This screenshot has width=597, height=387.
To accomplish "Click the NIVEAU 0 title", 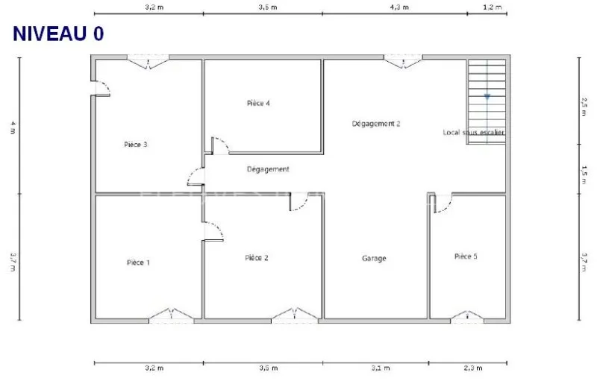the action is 58,34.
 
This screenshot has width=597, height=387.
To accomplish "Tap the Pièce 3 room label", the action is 136,145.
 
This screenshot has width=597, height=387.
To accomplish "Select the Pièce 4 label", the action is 258,103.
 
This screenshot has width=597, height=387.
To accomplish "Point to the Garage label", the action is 374,259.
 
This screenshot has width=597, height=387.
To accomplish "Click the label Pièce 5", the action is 466,257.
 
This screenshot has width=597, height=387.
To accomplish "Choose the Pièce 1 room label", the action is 138,262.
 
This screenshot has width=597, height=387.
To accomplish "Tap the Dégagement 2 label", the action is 376,124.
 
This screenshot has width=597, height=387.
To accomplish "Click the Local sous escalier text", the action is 474,133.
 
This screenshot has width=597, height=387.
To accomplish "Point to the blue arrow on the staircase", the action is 487,97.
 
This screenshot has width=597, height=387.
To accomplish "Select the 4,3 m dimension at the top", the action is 399,7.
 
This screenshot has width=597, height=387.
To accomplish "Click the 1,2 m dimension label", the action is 493,7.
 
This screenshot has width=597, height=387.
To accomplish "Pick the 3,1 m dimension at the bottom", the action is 381,368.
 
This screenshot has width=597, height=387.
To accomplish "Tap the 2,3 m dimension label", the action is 473,368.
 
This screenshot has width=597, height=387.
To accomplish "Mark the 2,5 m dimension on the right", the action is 584,107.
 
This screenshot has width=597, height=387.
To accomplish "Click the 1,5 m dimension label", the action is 584,174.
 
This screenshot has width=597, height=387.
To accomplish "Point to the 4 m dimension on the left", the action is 13,128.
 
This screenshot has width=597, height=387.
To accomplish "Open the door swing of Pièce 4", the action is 220,145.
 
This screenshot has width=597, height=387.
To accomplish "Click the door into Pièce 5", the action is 443,203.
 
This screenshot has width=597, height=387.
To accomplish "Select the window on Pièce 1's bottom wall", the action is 172,316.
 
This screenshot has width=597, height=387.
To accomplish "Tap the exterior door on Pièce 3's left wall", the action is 101,88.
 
